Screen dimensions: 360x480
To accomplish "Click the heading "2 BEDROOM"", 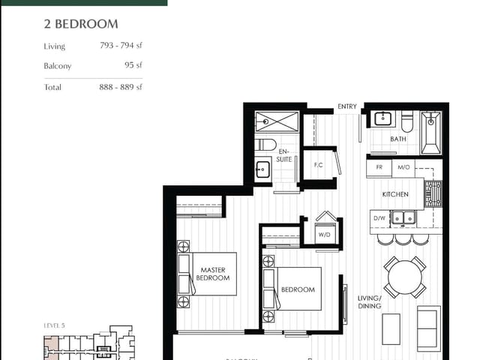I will [80, 24].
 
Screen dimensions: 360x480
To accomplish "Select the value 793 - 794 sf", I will [121, 46].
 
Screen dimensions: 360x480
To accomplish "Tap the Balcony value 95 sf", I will [134, 65].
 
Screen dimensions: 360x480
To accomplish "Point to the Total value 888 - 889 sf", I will [121, 87].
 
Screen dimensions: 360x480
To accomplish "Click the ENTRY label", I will [347, 107].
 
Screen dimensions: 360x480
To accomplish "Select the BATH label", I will [398, 139].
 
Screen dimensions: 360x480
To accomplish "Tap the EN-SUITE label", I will [284, 155].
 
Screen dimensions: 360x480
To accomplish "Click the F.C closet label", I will [318, 164].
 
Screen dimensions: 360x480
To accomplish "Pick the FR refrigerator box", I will [379, 167].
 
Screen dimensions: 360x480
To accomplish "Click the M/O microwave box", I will [403, 167].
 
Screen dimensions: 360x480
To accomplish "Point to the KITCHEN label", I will [395, 194].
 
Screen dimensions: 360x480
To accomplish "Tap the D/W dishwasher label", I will [379, 218].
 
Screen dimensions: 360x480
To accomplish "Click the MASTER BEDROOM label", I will [212, 274].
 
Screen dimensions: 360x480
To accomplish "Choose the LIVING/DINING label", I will [369, 301].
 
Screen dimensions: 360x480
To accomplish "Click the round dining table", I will [405, 278].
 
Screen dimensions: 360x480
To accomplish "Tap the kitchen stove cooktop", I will [433, 193].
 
